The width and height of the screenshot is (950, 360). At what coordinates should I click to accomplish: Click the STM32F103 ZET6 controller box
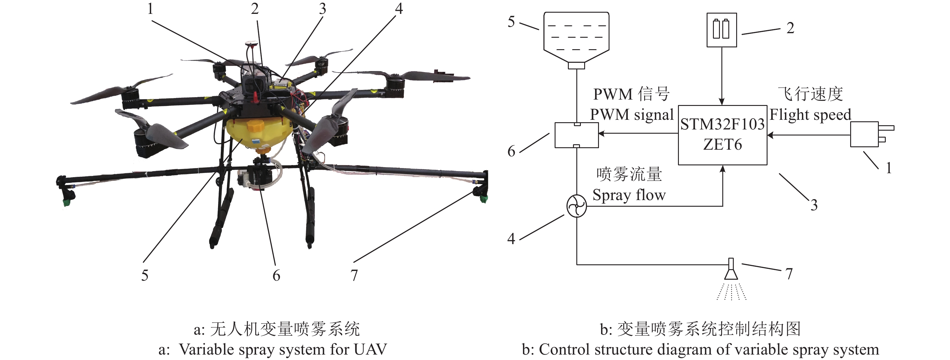[722, 135]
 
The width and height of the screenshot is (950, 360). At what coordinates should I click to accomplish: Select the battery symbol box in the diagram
[721, 30]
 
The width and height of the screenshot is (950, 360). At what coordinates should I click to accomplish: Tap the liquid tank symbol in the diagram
[576, 37]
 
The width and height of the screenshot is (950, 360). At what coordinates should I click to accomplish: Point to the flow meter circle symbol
[576, 206]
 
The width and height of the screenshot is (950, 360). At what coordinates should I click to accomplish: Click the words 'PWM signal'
[631, 115]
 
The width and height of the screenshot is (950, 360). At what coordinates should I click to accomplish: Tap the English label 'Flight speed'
[810, 115]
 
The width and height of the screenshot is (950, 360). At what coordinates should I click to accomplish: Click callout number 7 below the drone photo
[354, 275]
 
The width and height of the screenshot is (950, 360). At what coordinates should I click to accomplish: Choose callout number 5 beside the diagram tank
[511, 22]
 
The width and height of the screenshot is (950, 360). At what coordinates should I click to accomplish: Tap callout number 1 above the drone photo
[150, 9]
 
